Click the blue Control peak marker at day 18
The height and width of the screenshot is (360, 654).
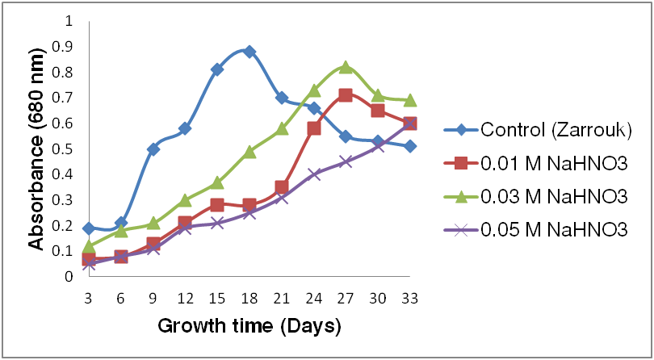pos(249,52)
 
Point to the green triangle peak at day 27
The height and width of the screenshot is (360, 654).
pos(346,67)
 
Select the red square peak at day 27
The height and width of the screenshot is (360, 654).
pos(346,95)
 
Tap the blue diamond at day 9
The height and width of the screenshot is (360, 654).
pos(153,149)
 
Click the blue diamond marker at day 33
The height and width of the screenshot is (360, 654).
pos(409,146)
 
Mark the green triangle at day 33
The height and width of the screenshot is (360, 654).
pos(409,100)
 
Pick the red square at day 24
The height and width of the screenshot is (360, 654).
pos(313,128)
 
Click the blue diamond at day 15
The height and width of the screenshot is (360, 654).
pos(217,69)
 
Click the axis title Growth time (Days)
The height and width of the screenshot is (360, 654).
pos(249,327)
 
